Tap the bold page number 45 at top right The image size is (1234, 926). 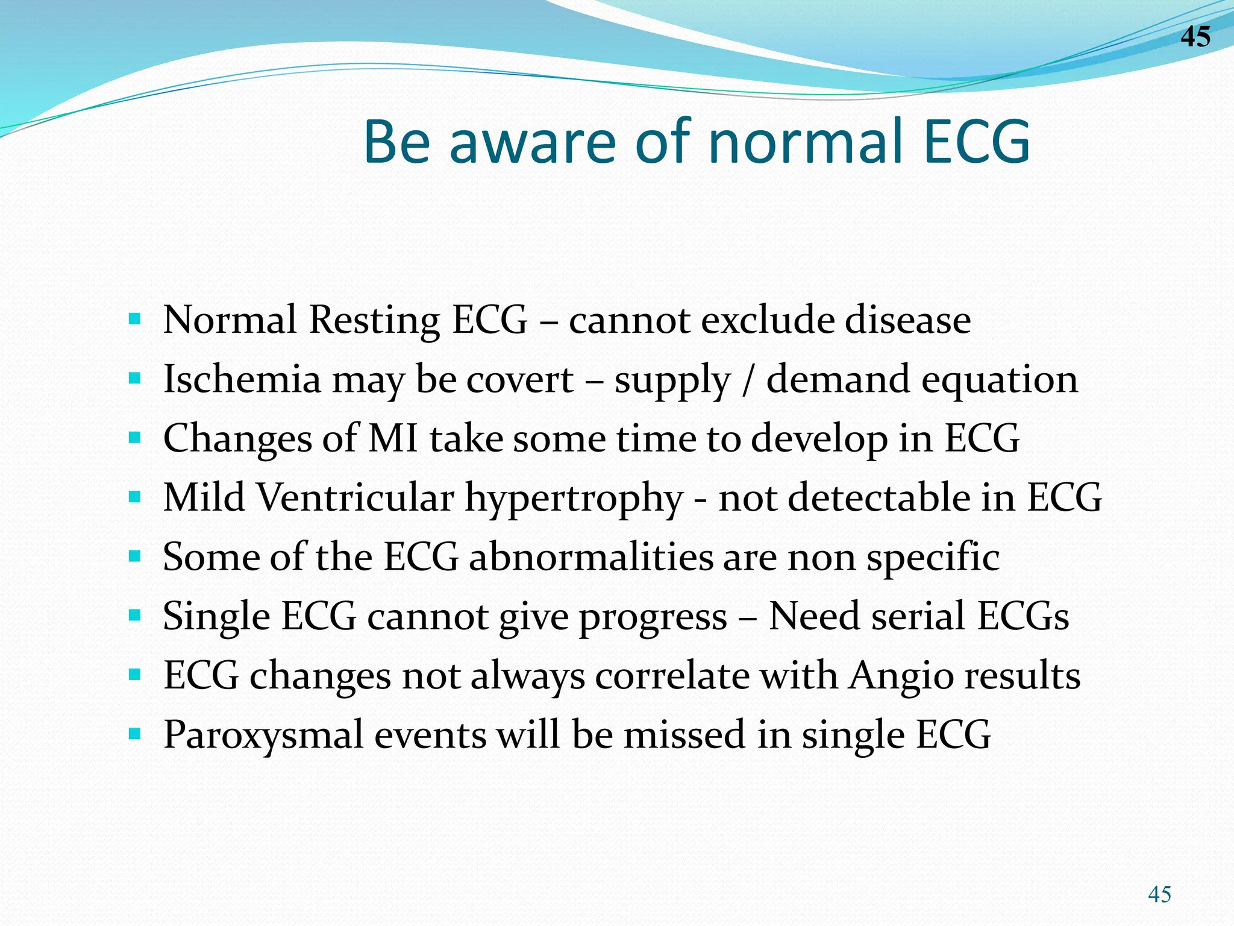(1195, 37)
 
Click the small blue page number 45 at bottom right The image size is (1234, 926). (1159, 894)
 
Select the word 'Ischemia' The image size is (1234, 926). (242, 379)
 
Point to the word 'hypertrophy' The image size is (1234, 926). (574, 498)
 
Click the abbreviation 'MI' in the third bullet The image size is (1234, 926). (393, 438)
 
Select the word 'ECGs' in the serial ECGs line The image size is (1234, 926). (1023, 616)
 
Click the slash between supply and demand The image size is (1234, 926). (748, 380)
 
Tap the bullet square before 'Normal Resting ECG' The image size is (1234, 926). (135, 318)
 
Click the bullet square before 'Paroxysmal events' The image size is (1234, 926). (135, 734)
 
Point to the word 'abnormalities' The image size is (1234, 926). (591, 556)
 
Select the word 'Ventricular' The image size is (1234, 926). (355, 498)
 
